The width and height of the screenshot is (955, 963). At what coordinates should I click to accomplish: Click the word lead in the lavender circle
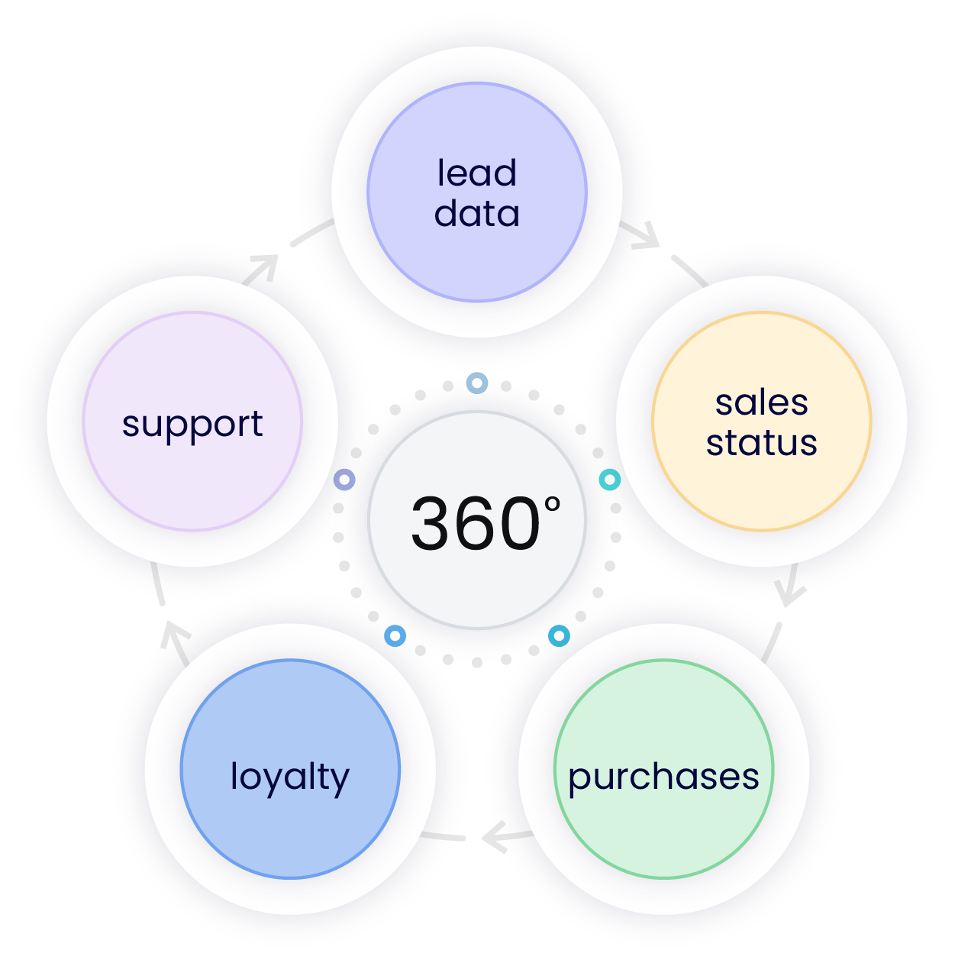(x=476, y=173)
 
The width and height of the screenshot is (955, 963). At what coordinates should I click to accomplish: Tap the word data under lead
(x=476, y=213)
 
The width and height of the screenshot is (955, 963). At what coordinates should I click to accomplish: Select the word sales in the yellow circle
(x=761, y=402)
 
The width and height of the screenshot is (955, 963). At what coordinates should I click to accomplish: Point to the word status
(x=761, y=443)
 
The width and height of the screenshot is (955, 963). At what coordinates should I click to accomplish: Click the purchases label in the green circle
(x=663, y=777)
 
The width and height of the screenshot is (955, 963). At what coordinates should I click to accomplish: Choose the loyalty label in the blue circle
(x=289, y=777)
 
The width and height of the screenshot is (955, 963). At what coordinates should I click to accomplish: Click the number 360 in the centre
(x=475, y=524)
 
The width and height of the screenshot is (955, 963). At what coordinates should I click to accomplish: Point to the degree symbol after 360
(x=553, y=505)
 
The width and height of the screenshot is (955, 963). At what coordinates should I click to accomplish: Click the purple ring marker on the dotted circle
(x=344, y=480)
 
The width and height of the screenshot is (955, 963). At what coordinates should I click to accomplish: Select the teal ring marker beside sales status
(x=609, y=480)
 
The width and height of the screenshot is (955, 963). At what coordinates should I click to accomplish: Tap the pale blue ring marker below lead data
(x=477, y=383)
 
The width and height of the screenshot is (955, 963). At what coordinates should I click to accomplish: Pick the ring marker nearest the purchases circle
(x=559, y=635)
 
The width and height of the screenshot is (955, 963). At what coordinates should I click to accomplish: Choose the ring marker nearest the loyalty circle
(x=395, y=635)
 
